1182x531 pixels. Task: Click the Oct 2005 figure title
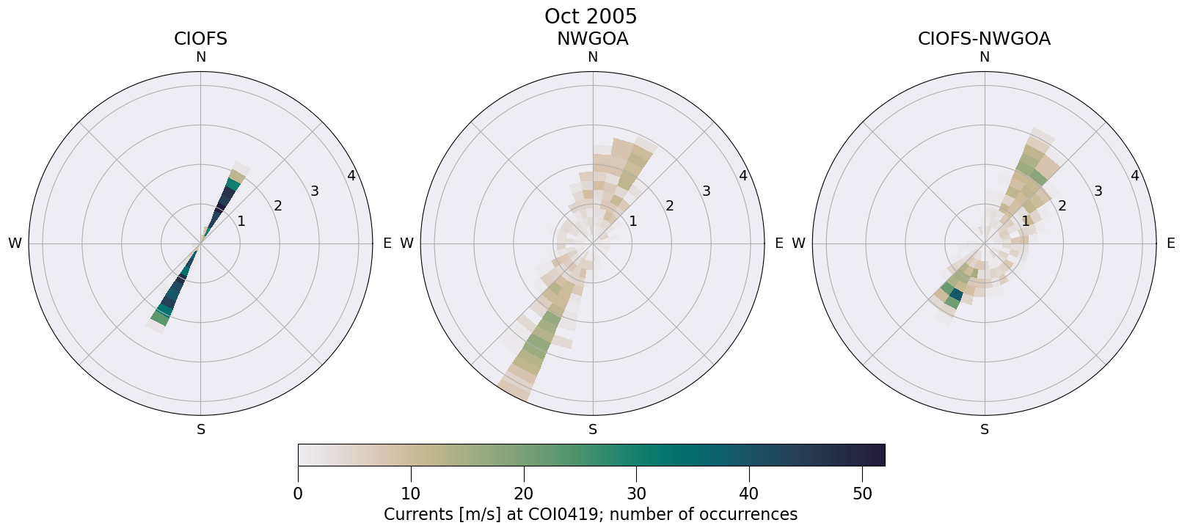[x=591, y=16]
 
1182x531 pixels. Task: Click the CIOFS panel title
[x=200, y=39]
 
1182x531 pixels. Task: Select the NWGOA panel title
[x=592, y=39]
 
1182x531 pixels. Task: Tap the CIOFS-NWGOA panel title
[x=984, y=39]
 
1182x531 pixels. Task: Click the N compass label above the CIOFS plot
[x=200, y=57]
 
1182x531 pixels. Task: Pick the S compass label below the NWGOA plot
[x=592, y=430]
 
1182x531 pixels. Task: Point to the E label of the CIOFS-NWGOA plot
[x=1171, y=243]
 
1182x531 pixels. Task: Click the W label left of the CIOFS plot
[x=15, y=243]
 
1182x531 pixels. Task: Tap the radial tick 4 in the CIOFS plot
[x=351, y=176]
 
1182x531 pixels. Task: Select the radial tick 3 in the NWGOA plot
[x=707, y=191]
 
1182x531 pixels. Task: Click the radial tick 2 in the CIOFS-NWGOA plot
[x=1062, y=206]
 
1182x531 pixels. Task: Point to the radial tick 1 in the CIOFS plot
[x=241, y=221]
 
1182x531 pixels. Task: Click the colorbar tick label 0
[x=298, y=494]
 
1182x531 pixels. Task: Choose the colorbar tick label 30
[x=636, y=494]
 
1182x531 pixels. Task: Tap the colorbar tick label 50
[x=862, y=494]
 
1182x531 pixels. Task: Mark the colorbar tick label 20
[x=523, y=494]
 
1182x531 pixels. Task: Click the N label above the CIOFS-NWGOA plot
[x=984, y=57]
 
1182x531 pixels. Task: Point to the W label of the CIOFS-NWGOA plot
[x=798, y=243]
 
